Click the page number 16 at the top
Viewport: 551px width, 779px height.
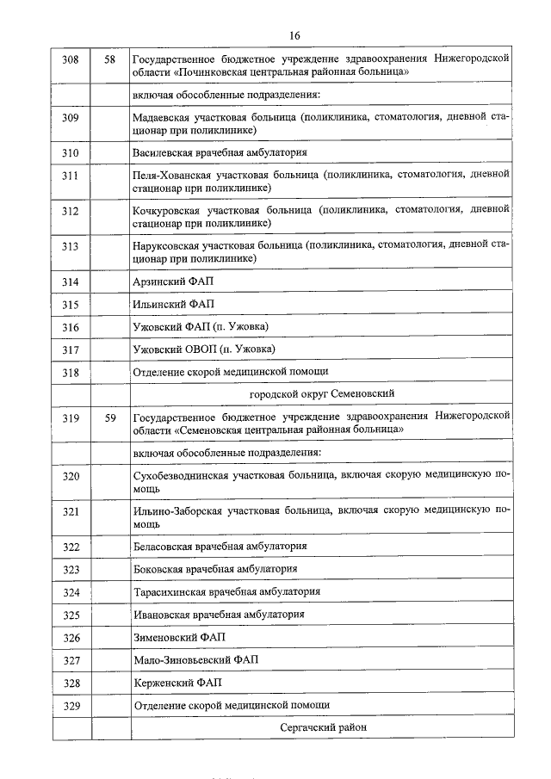tap(294, 35)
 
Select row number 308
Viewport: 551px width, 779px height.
tap(71, 59)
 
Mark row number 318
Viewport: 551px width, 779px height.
tap(71, 373)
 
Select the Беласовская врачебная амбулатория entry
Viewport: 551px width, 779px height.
tap(220, 547)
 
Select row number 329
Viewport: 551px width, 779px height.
tap(71, 705)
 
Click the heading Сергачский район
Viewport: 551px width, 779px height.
tap(323, 727)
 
